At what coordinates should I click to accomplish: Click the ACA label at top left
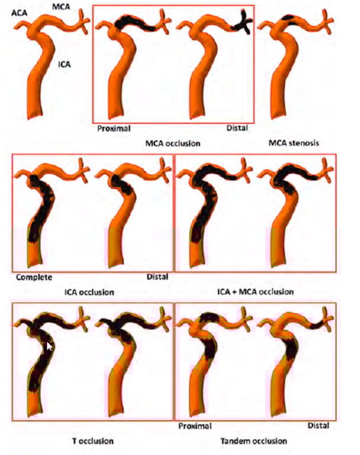[x=19, y=12]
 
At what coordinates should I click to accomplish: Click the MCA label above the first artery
[x=61, y=7]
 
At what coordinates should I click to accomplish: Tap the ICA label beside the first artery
[x=65, y=64]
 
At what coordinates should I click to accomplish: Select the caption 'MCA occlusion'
[x=173, y=143]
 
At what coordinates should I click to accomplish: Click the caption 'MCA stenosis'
[x=294, y=143]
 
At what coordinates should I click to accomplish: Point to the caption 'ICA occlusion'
[x=89, y=292]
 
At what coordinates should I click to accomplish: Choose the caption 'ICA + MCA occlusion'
[x=255, y=291]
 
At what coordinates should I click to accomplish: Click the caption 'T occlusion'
[x=93, y=441]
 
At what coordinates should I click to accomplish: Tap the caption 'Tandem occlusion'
[x=253, y=441]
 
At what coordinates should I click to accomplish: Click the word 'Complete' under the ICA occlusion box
[x=34, y=277]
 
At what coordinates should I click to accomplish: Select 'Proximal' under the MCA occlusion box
[x=114, y=128]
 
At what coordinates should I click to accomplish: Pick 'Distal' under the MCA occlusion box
[x=237, y=128]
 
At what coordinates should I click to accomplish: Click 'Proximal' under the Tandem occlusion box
[x=195, y=426]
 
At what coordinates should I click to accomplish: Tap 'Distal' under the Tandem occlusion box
[x=318, y=425]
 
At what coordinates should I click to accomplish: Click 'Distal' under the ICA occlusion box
[x=157, y=277]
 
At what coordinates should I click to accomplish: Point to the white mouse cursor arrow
[x=49, y=346]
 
